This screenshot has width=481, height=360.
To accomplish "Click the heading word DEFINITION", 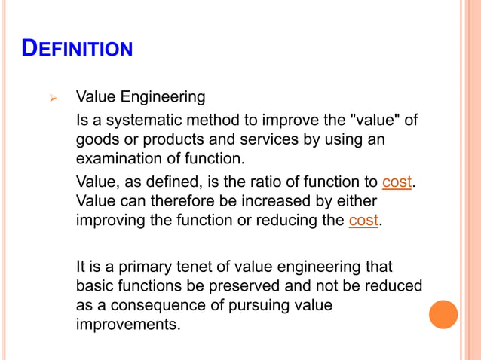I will point(78,50).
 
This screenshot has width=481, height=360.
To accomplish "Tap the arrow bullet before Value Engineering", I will point(52,98).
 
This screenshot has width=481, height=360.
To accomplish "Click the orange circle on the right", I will point(443,314).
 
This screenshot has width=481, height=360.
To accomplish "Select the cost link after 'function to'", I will point(397,182).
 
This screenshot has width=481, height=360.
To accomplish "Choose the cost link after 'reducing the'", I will point(364,221).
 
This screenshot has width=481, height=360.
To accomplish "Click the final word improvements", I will point(129,325).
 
